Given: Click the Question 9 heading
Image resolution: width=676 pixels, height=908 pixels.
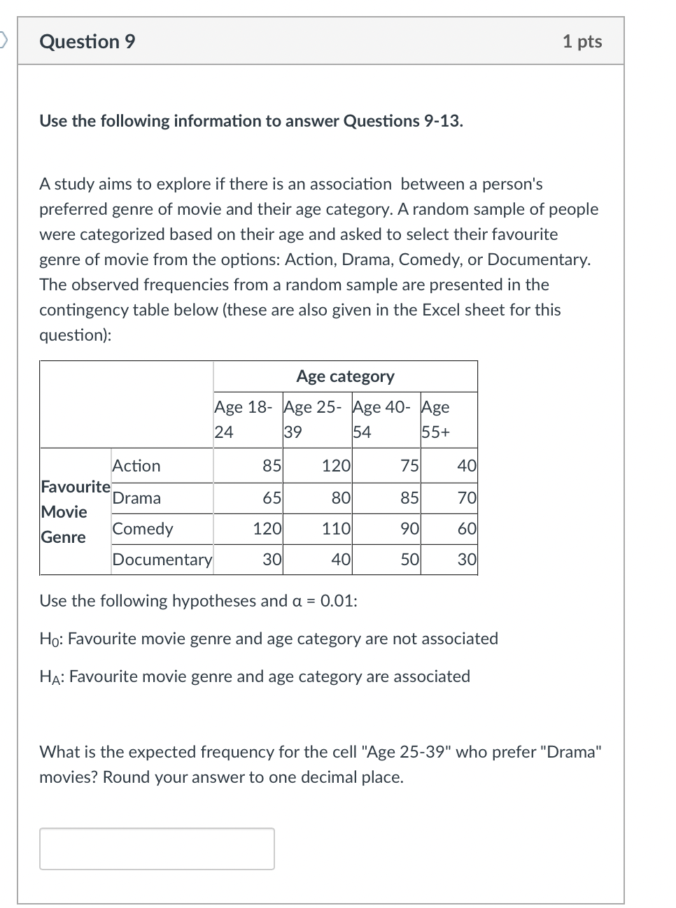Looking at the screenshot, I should click(x=87, y=42).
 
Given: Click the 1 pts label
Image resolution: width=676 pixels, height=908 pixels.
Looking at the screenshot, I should click(x=582, y=42).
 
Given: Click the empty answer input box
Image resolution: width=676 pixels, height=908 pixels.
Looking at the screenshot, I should click(x=157, y=849).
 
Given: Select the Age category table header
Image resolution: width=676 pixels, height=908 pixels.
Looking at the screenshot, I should click(x=345, y=376).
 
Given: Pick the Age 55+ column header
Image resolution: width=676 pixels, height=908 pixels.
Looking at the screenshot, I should click(x=436, y=419).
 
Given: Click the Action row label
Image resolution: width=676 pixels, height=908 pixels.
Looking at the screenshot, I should click(x=136, y=466).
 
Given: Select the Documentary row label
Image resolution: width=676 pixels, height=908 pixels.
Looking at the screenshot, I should click(x=162, y=560).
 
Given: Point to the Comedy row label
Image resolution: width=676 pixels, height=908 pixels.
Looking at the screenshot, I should click(x=143, y=529).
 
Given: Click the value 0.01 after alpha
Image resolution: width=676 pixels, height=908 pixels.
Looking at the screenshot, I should click(x=338, y=601).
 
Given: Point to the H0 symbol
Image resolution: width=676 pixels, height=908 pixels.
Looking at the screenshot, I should click(x=49, y=639).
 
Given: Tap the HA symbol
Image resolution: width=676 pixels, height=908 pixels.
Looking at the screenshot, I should click(x=50, y=677).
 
